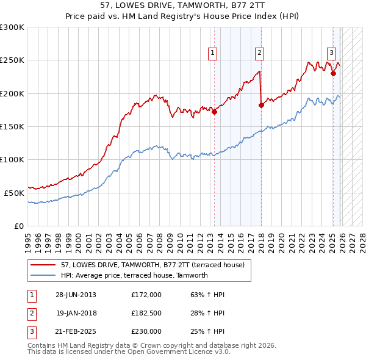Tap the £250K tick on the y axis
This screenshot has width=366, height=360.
pyautogui.click(x=12, y=60)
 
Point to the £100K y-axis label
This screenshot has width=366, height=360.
pyautogui.click(x=12, y=159)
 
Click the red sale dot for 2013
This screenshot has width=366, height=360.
pyautogui.click(x=215, y=112)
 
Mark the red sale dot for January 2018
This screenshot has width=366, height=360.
pyautogui.click(x=261, y=105)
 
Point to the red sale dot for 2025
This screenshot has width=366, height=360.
pyautogui.click(x=333, y=74)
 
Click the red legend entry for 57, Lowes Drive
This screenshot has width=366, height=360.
pyautogui.click(x=152, y=265)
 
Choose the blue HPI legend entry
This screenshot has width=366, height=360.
pyautogui.click(x=134, y=275)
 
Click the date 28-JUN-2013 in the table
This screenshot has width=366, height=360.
pyautogui.click(x=76, y=294)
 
